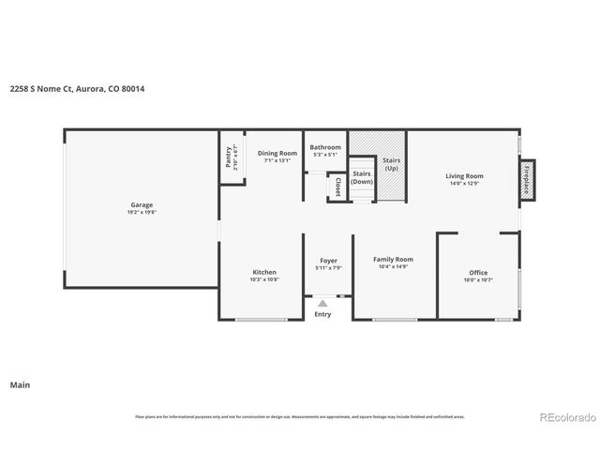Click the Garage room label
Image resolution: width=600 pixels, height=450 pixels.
[142, 204]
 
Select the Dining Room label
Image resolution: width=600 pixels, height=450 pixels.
[277, 153]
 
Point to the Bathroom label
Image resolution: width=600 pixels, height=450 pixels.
[325, 147]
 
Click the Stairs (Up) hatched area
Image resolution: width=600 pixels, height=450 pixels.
[392, 165]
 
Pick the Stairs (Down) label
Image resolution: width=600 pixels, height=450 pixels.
[362, 177]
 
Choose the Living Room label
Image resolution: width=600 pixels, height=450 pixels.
[464, 175]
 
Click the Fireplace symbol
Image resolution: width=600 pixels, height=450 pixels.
[528, 180]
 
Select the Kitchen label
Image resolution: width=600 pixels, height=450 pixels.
[263, 272]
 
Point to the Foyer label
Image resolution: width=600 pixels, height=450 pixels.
[328, 261]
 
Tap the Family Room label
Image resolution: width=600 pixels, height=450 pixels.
[393, 259]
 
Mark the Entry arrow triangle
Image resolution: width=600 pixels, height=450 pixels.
[322, 303]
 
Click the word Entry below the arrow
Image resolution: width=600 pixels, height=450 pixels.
[322, 314]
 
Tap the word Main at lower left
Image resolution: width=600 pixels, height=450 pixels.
[19, 384]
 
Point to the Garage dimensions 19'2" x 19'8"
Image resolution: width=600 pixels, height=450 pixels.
[142, 212]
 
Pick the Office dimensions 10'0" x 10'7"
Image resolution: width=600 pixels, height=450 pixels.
[478, 279]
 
